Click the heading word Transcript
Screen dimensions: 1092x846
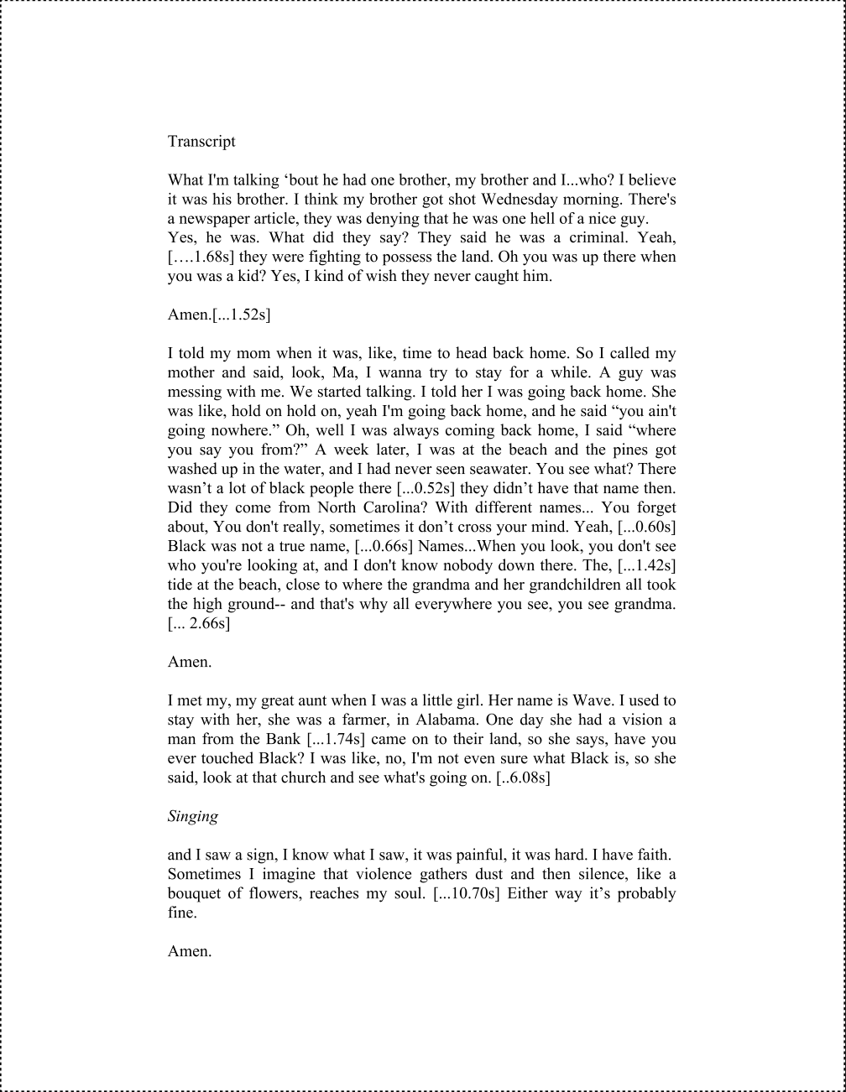(201, 141)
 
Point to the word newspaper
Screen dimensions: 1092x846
(214, 218)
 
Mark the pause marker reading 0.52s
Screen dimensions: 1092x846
(429, 488)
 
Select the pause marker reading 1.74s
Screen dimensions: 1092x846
(336, 739)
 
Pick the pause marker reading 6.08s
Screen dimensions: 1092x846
(524, 777)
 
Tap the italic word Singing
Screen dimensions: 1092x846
(193, 816)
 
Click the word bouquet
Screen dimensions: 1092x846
(196, 893)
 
